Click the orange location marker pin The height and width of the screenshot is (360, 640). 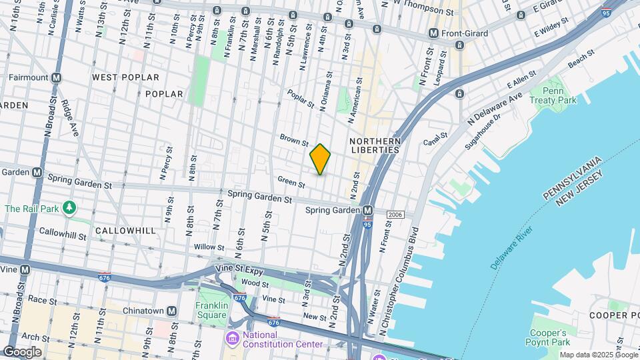[x=321, y=159]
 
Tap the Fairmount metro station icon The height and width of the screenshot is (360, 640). [x=57, y=77]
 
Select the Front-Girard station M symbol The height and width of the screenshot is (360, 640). [x=433, y=33]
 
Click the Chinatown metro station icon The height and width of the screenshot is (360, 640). [x=171, y=311]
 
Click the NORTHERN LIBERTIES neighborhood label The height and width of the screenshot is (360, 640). [x=375, y=145]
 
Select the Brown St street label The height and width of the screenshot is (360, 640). [x=294, y=139]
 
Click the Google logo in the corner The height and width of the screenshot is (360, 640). [x=22, y=352]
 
